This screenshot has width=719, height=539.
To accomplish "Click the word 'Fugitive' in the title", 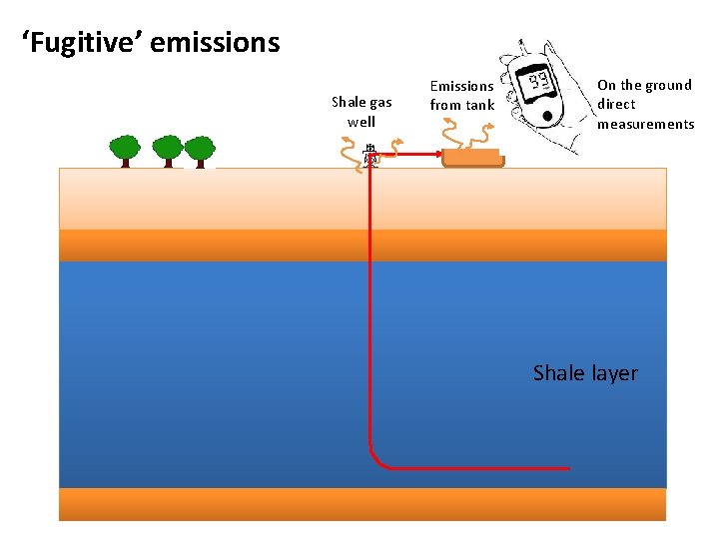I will point(84,43).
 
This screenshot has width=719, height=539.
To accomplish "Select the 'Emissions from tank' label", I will point(461,95).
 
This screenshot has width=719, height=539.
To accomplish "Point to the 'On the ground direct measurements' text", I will point(645,104).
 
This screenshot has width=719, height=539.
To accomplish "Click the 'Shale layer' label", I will point(585,373).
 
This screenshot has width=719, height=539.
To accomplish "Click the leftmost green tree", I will point(125,149).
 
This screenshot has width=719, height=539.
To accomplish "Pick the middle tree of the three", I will point(167,149).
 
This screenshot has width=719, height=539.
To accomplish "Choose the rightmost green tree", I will point(200,149).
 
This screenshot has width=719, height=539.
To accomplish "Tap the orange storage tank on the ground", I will point(472,158).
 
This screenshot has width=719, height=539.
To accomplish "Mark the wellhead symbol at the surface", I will point(370,154).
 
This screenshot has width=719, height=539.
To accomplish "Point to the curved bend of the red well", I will point(376,458).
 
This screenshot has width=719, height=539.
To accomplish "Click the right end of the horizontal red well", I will point(567,467).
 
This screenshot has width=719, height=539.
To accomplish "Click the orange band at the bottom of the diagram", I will point(361,503).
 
